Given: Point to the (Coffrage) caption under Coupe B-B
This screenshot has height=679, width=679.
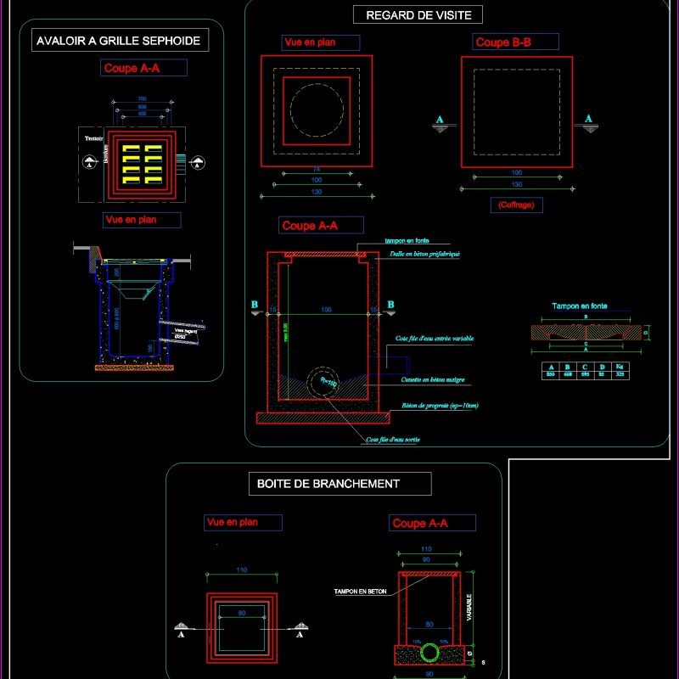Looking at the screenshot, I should coord(515,205).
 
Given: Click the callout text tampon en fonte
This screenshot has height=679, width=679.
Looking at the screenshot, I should coord(407,241).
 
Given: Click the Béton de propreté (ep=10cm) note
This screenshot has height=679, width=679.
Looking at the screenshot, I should coord(441,406).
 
